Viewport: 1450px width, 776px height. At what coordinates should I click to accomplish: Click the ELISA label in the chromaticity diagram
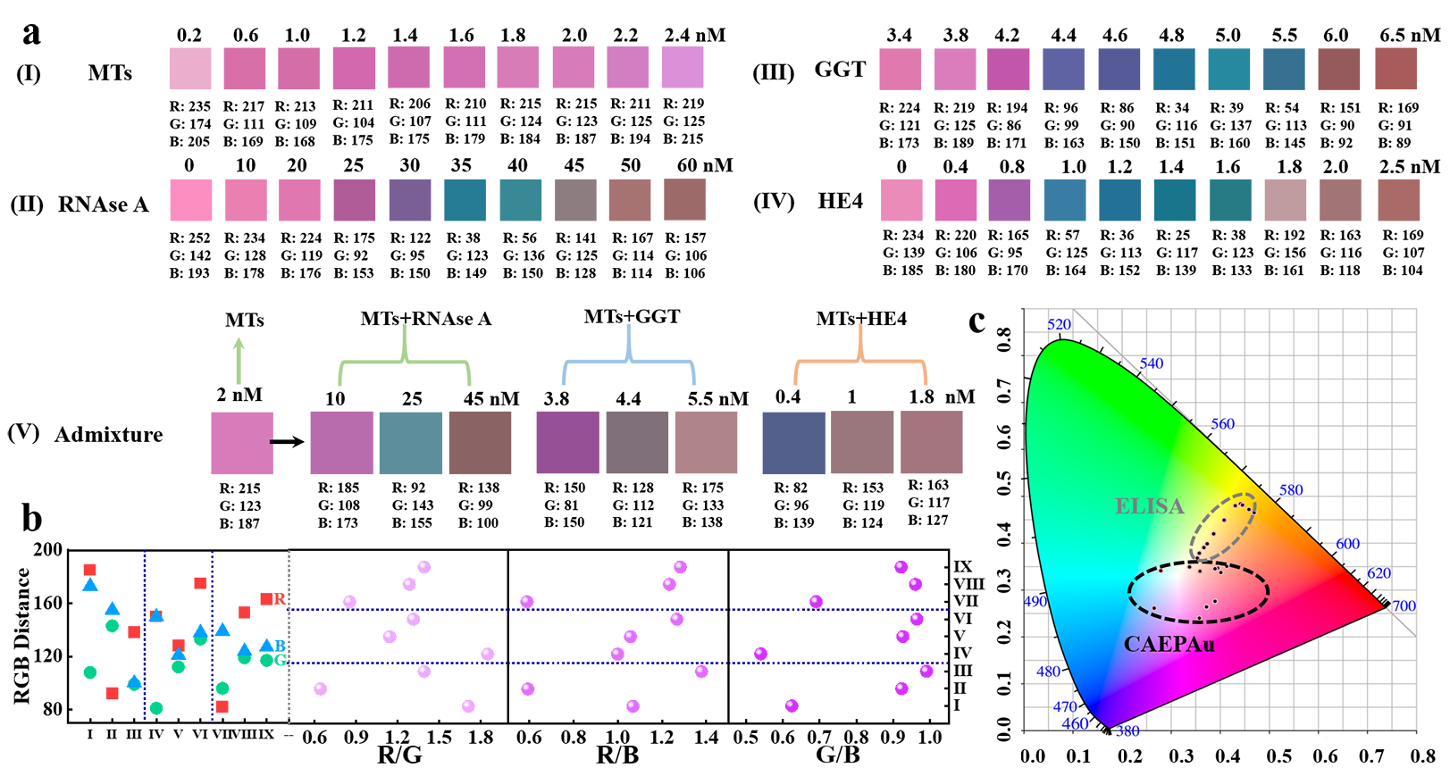[x=1149, y=506]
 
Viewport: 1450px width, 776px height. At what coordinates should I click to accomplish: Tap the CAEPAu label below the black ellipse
[x=1169, y=644]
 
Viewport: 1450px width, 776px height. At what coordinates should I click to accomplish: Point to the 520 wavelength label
[x=1059, y=324]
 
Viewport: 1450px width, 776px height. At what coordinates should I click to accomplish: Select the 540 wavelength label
[x=1152, y=363]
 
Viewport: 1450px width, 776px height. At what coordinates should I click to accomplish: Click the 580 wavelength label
[x=1291, y=490]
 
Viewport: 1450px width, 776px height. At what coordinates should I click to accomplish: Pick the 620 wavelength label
[x=1379, y=573]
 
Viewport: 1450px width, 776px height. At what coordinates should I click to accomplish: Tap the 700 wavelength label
[x=1404, y=606]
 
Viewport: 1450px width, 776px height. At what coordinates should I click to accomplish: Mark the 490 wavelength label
[x=1035, y=602]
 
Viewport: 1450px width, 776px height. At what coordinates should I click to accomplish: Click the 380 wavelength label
[x=1128, y=731]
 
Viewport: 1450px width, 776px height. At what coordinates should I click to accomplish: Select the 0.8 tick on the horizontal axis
[x=1422, y=756]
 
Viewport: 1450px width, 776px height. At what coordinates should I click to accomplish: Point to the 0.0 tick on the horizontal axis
[x=1032, y=756]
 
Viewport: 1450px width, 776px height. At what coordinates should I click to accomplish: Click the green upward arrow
[x=239, y=360]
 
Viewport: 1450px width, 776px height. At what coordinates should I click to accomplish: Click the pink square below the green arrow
[x=242, y=443]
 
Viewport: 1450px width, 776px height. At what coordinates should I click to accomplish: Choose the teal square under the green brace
[x=411, y=443]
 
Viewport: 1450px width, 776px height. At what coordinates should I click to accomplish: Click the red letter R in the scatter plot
[x=280, y=598]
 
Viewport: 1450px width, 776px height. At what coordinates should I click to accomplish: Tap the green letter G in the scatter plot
[x=280, y=661]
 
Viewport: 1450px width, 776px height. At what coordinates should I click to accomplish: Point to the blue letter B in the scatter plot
[x=280, y=646]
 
